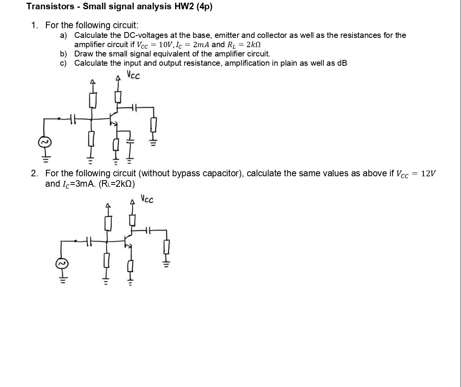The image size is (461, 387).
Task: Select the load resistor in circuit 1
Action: point(154,124)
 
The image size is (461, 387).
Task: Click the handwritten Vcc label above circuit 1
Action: point(133,75)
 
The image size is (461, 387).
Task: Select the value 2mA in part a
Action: point(201,44)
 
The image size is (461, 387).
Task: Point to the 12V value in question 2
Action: point(428,174)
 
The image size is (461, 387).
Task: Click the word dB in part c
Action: point(342,63)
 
